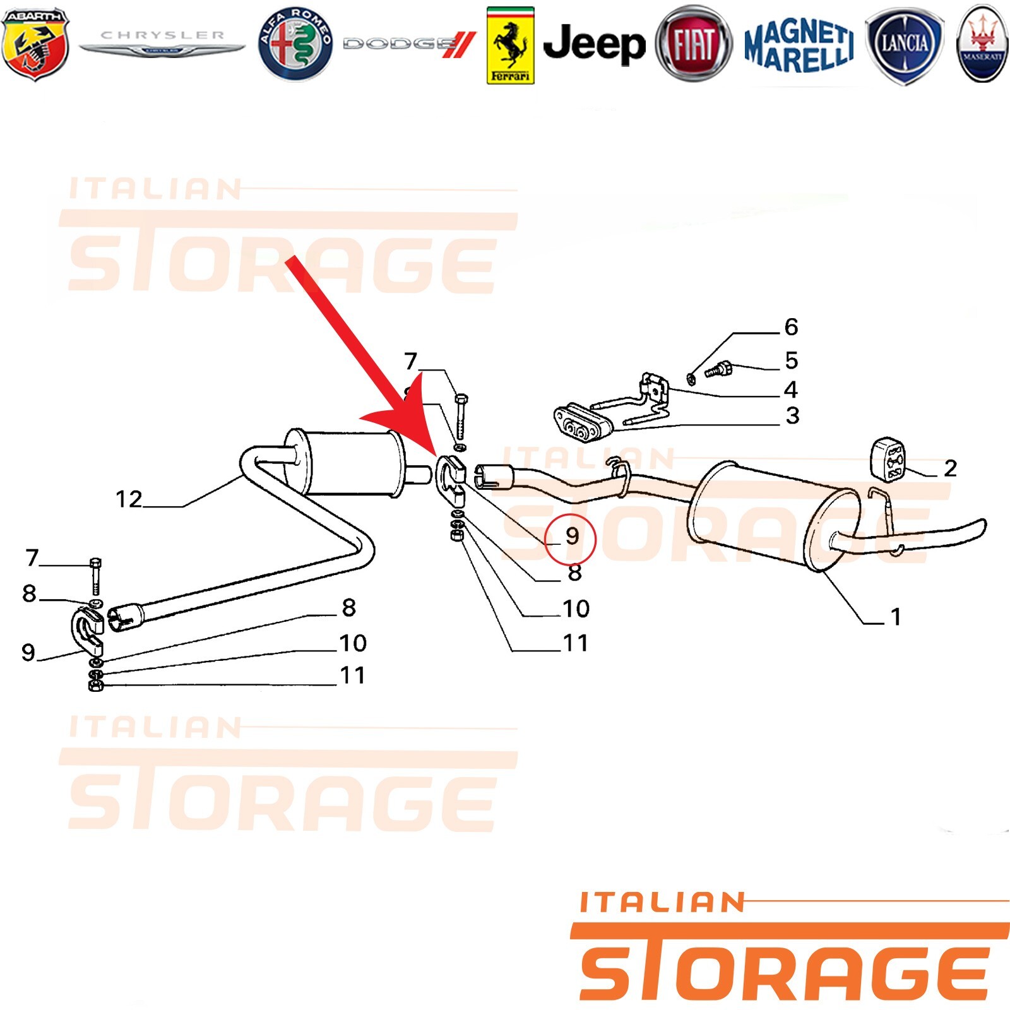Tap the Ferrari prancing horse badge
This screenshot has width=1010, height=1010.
tap(511, 45)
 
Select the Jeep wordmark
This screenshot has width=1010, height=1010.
tap(594, 44)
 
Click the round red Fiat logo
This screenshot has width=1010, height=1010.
tap(694, 45)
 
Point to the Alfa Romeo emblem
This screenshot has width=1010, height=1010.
tap(295, 44)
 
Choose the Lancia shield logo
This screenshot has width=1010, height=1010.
tap(905, 45)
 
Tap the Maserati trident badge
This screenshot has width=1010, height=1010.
tap(982, 44)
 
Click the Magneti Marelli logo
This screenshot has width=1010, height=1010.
tap(799, 45)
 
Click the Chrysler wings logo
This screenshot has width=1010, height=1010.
tap(162, 42)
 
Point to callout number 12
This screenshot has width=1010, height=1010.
tap(129, 499)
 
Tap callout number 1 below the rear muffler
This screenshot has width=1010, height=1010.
tap(895, 617)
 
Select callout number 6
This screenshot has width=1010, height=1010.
tap(791, 327)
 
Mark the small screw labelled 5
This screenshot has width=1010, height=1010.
tap(718, 369)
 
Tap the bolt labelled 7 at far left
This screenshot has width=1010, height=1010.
tap(95, 576)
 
